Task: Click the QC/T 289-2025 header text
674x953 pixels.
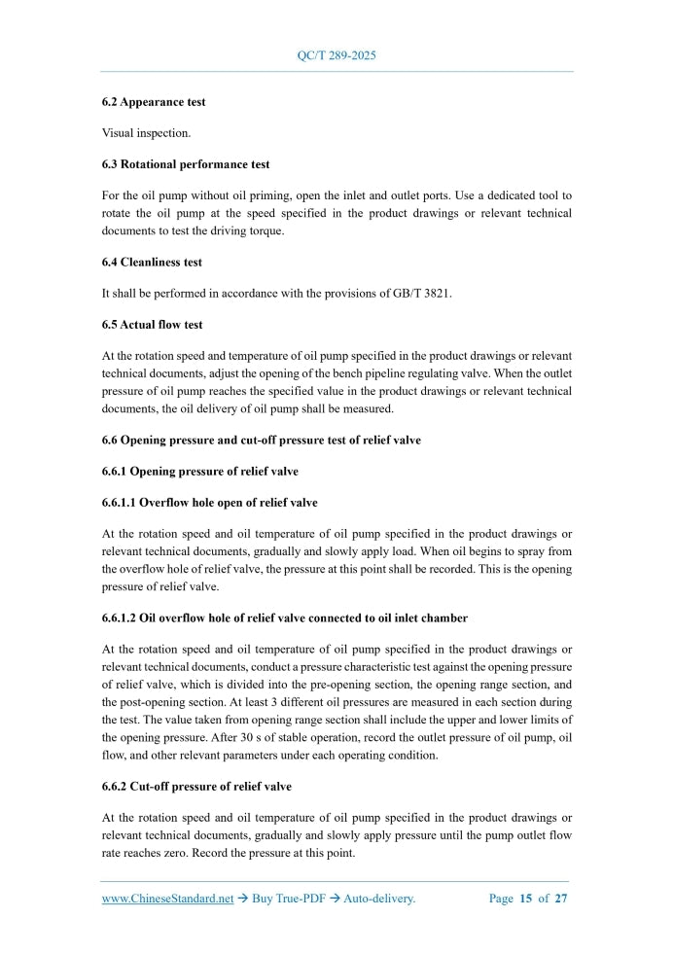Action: [x=337, y=55]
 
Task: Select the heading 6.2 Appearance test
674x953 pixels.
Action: [x=154, y=101]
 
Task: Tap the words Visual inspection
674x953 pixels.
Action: [x=146, y=132]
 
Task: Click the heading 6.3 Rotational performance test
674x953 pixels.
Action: [x=186, y=164]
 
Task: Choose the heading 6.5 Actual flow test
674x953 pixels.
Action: [x=153, y=324]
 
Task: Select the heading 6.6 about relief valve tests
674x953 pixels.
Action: [x=262, y=440]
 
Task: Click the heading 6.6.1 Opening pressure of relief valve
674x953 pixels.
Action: [x=200, y=471]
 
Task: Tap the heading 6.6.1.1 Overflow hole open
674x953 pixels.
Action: [x=209, y=503]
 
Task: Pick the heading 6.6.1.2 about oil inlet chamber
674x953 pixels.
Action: [x=270, y=618]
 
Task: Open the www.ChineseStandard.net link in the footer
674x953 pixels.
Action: [x=168, y=899]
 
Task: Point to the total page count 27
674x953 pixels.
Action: [x=561, y=899]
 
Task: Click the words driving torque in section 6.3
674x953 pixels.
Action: [x=243, y=230]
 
